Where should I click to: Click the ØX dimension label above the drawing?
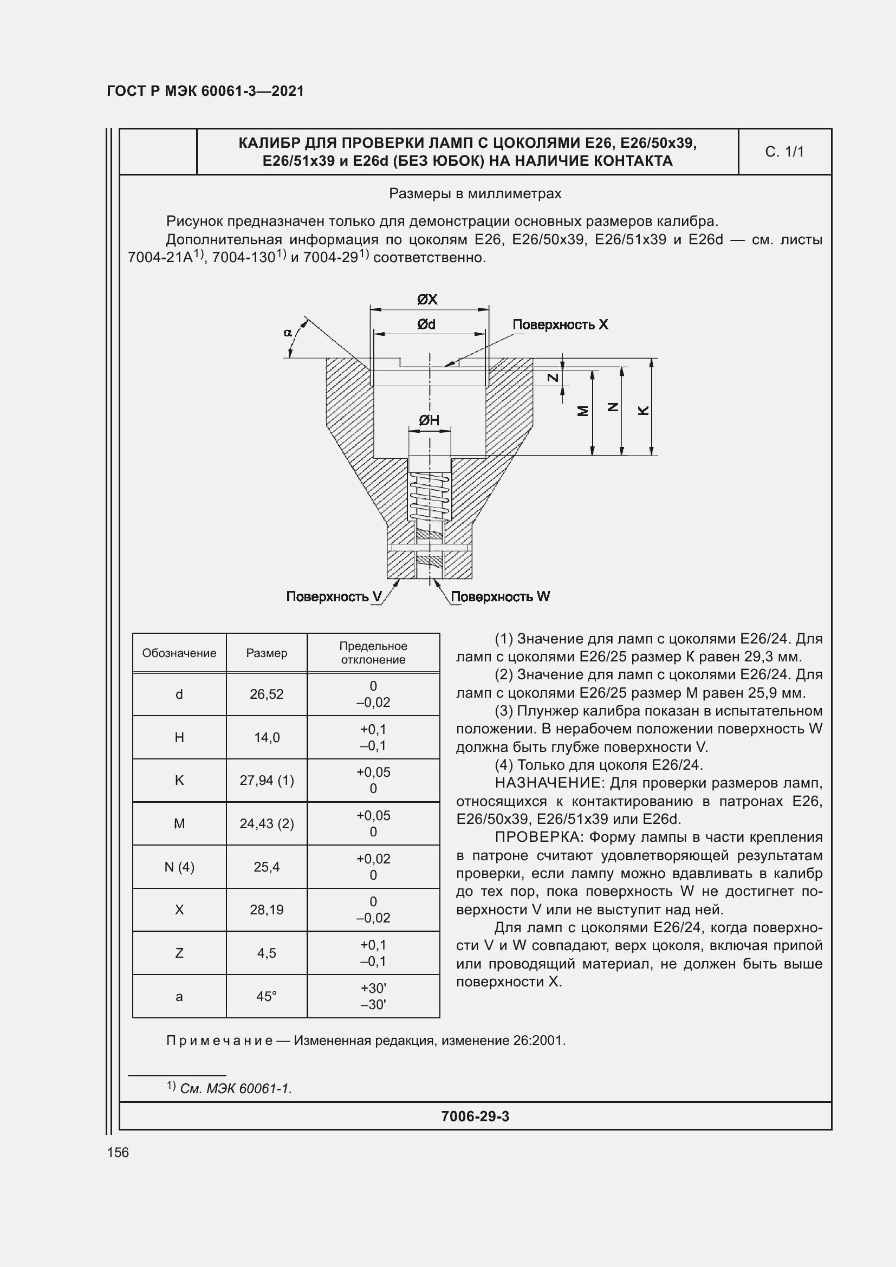427,300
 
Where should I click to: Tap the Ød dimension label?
426,324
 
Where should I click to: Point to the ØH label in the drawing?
428,420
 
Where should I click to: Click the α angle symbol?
288,332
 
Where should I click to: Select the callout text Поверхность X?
560,324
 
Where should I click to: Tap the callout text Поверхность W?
501,596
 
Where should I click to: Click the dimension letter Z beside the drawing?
553,378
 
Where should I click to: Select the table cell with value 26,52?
267,694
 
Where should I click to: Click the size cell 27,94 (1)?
267,780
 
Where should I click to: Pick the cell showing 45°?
267,996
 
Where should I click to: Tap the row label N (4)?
179,867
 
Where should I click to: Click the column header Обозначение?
179,653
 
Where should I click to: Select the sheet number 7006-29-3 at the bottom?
475,1116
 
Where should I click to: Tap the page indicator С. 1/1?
784,152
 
